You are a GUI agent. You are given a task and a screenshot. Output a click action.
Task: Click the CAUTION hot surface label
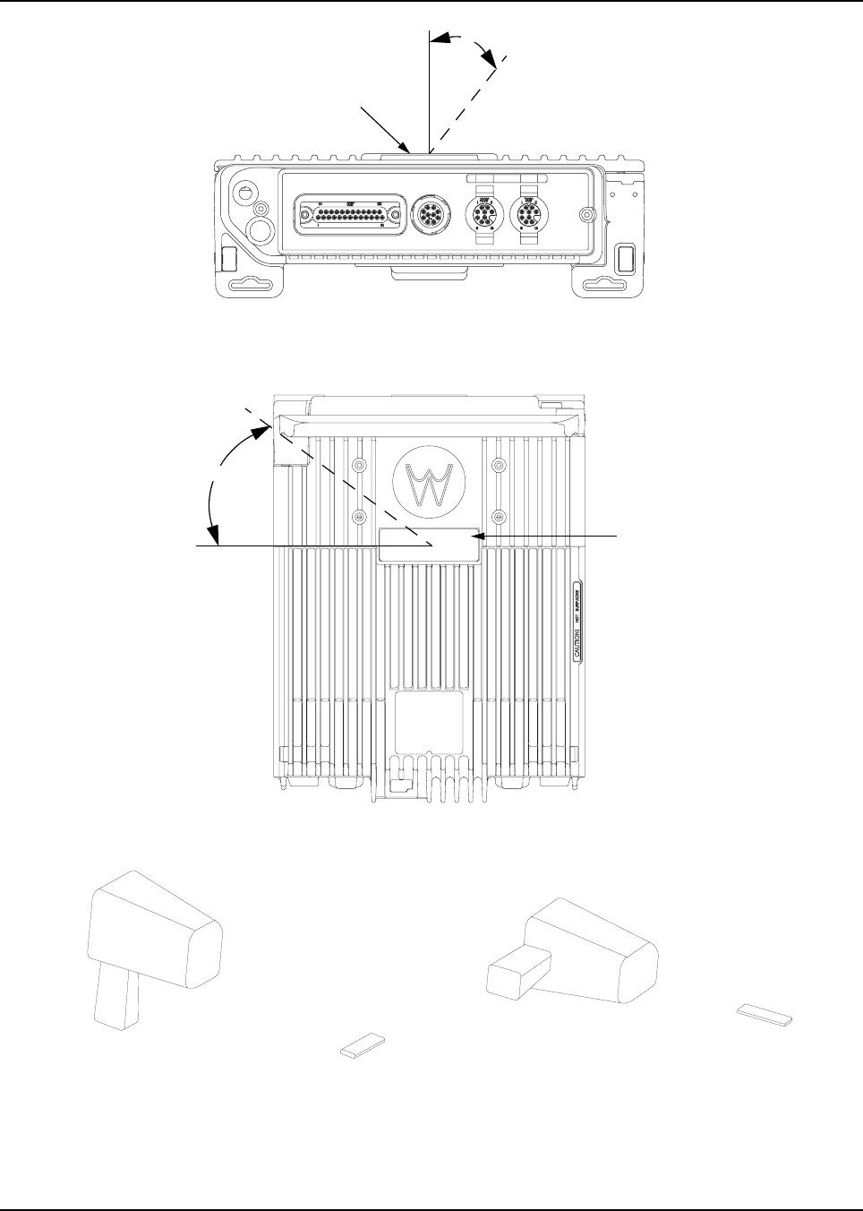(x=578, y=622)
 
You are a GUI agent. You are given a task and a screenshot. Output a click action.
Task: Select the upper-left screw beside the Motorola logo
(x=358, y=466)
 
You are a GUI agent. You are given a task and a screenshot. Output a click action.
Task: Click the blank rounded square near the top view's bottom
(x=429, y=722)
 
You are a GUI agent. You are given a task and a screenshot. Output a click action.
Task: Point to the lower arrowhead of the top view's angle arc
(x=215, y=537)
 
